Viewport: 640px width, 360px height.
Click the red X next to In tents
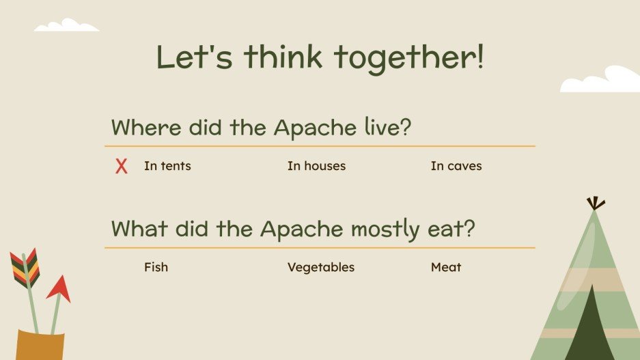tap(122, 166)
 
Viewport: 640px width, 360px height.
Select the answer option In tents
tap(167, 166)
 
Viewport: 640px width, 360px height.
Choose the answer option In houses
tap(316, 166)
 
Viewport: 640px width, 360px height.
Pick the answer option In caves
tap(456, 166)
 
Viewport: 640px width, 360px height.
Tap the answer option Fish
tap(156, 267)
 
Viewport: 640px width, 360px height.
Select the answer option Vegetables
tap(321, 267)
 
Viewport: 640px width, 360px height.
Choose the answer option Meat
tap(446, 267)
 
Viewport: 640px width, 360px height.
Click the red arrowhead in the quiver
tap(60, 289)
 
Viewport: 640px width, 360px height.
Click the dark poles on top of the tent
tap(596, 203)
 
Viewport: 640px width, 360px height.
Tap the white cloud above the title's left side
tap(67, 26)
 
